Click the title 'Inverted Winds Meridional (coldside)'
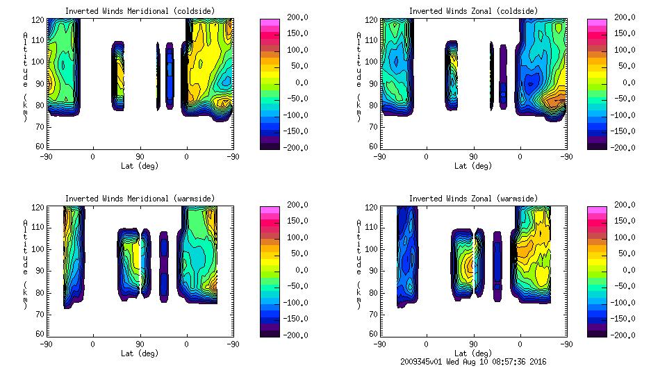point(140,11)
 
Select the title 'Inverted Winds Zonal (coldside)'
point(472,11)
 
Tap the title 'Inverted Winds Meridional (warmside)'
point(140,199)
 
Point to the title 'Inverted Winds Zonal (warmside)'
point(472,199)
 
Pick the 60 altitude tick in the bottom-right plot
point(373,334)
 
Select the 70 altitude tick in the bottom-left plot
point(40,313)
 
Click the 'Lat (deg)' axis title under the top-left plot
point(140,166)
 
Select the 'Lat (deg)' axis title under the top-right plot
point(472,166)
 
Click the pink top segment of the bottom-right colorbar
point(597,209)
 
